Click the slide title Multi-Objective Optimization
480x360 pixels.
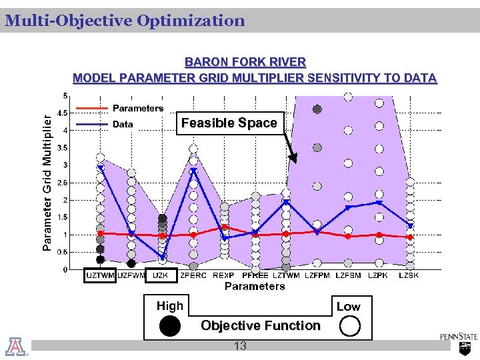pyautogui.click(x=125, y=21)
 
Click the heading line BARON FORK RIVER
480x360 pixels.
pyautogui.click(x=245, y=62)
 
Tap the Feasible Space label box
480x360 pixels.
pyautogui.click(x=229, y=123)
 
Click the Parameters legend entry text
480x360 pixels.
pyautogui.click(x=138, y=108)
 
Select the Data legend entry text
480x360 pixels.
pyautogui.click(x=123, y=124)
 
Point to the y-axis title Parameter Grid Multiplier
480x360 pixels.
pyautogui.click(x=47, y=181)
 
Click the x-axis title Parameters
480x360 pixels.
pyautogui.click(x=254, y=286)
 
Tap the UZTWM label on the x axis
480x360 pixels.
pyautogui.click(x=100, y=275)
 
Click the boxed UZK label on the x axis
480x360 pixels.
pyautogui.click(x=161, y=275)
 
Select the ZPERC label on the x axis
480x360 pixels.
pyautogui.click(x=193, y=275)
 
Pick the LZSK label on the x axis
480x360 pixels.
pyautogui.click(x=409, y=275)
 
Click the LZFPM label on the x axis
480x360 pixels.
pyautogui.click(x=317, y=275)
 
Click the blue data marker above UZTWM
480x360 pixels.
pyautogui.click(x=101, y=168)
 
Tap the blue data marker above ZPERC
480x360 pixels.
pyautogui.click(x=193, y=171)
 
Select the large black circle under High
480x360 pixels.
pyautogui.click(x=170, y=326)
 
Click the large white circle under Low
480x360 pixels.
pyautogui.click(x=349, y=326)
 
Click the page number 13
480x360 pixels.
pyautogui.click(x=240, y=345)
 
